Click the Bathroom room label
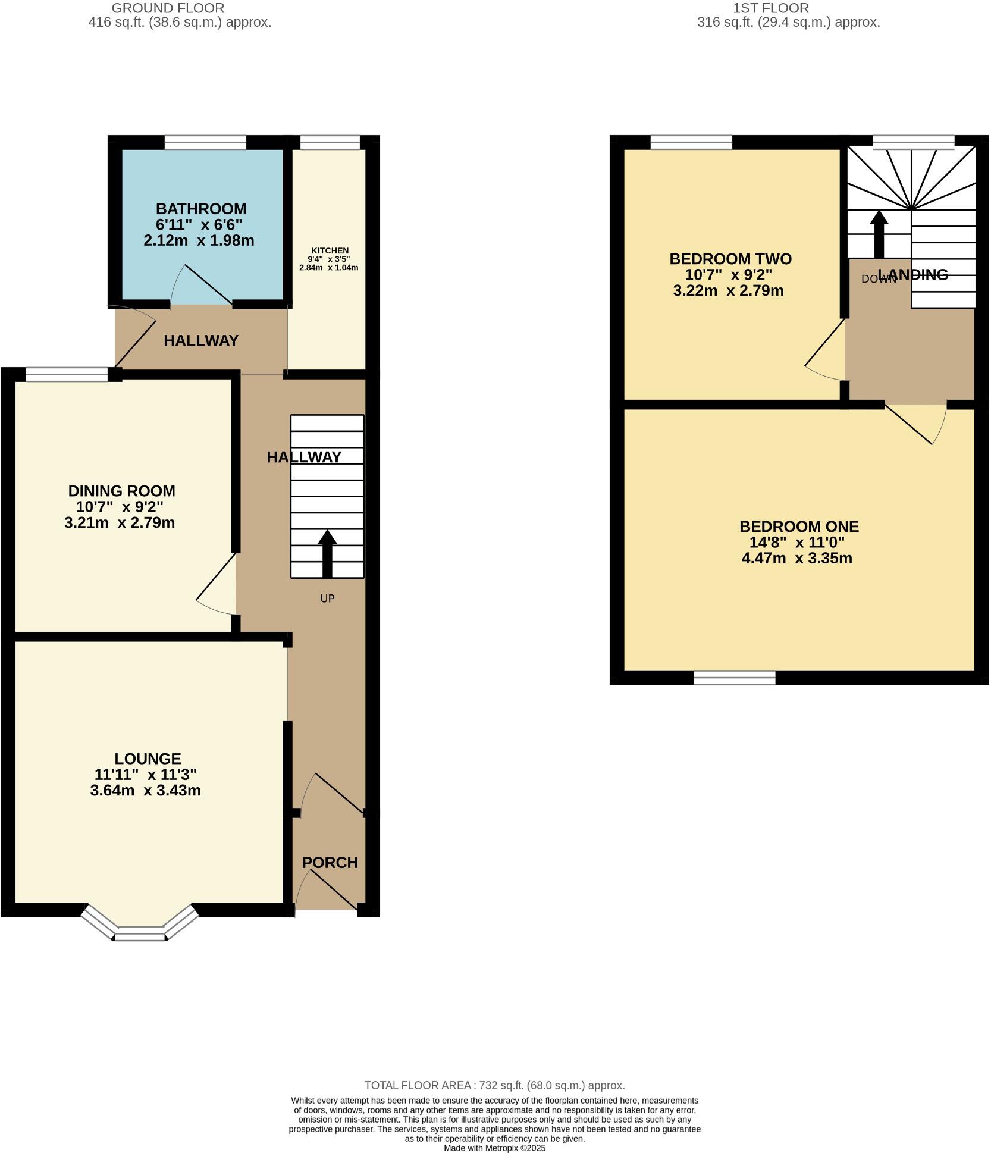200,209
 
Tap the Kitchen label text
330,250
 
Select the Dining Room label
121,491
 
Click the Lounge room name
148,759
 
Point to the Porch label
330,862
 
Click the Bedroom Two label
730,259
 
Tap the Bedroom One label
798,527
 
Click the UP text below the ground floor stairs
327,599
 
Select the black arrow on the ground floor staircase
327,553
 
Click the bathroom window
205,142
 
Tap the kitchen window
330,142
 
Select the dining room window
67,374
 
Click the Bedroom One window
735,677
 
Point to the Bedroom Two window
691,142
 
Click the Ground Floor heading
168,8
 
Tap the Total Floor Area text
494,1085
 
